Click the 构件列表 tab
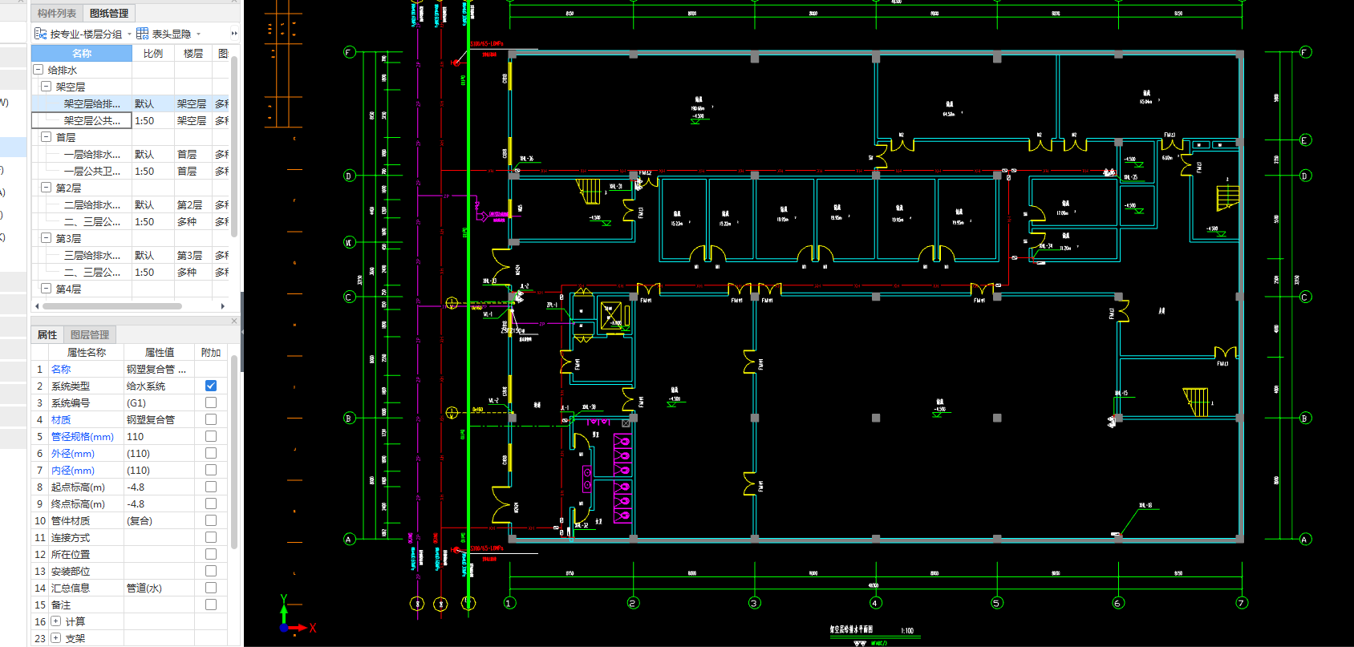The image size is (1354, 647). point(56,13)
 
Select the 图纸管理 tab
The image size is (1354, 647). point(108,13)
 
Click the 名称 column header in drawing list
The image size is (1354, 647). point(82,53)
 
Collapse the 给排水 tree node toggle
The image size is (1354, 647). point(38,70)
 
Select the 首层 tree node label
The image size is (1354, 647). point(66,137)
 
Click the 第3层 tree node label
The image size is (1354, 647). point(68,238)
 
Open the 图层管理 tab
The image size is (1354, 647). point(90,334)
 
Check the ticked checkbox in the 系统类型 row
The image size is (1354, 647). point(211,386)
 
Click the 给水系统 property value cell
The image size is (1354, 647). point(146,386)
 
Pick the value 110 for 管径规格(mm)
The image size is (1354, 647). point(136,436)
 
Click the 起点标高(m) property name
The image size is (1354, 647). point(78,487)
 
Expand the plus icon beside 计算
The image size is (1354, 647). point(55,621)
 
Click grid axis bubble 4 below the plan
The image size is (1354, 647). point(875,603)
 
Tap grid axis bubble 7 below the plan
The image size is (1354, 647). point(1242,603)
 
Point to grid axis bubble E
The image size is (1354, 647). point(1305,140)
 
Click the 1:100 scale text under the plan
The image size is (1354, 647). point(906,630)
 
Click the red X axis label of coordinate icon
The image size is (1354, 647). point(313,628)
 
